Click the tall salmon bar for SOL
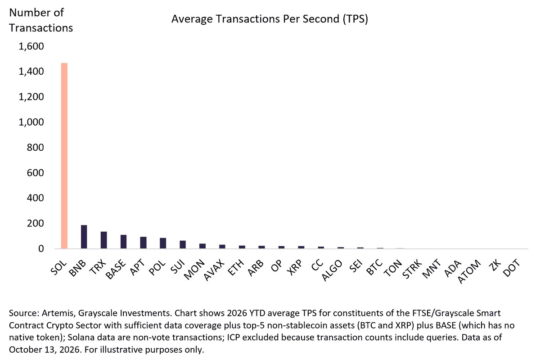pos(64,156)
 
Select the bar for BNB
pos(84,237)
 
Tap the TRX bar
pos(103,240)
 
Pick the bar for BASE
pos(123,242)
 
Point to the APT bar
pos(143,243)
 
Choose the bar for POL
pos(163,243)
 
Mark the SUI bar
pos(183,244)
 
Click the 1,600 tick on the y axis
pos(31,46)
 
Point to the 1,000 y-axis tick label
pos(31,122)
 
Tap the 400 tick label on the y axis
pos(36,198)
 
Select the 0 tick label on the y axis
pos(41,248)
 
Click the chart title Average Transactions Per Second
pos(270,19)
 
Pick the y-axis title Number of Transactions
pos(41,20)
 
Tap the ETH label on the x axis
pos(236,267)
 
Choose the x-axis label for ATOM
pos(469,271)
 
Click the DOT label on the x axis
pos(512,268)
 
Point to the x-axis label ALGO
pos(332,270)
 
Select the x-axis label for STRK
pos(412,269)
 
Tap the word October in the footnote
pos(25,349)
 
